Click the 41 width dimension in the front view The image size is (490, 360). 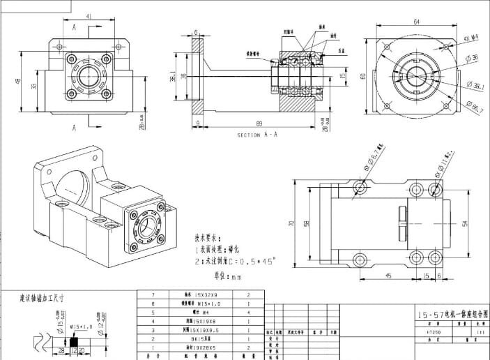click(89, 15)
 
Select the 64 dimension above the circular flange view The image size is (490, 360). click(416, 22)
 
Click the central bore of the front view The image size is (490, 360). click(89, 77)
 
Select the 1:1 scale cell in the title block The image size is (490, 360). click(480, 333)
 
